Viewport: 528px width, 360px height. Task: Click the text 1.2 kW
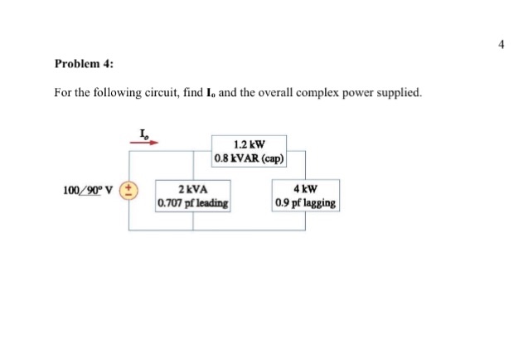pyautogui.click(x=249, y=143)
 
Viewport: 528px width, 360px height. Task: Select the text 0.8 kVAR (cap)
pyautogui.click(x=249, y=158)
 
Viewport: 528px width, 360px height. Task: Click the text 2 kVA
pyautogui.click(x=193, y=188)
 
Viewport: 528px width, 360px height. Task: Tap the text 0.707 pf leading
pyautogui.click(x=193, y=202)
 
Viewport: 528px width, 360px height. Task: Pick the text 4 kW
pyautogui.click(x=305, y=188)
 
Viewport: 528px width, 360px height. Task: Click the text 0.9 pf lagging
pyautogui.click(x=305, y=202)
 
